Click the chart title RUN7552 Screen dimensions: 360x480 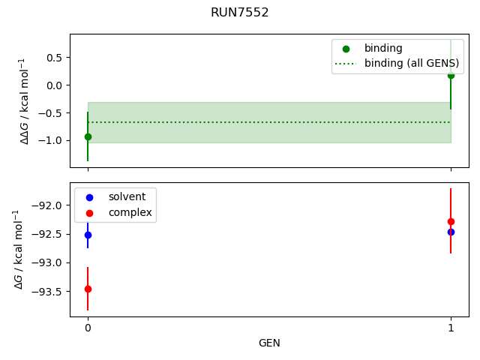tap(240, 13)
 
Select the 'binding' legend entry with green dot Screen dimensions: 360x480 tap(383, 48)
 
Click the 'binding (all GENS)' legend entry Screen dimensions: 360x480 tap(411, 63)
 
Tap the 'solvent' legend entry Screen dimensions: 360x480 tap(127, 196)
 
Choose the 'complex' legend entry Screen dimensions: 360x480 tap(130, 212)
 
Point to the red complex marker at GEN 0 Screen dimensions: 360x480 tap(88, 289)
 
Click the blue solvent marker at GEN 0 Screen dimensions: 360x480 tap(88, 235)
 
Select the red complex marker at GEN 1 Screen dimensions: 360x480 tap(451, 221)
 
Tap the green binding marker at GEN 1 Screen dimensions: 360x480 tap(451, 75)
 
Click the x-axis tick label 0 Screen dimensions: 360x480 tap(88, 328)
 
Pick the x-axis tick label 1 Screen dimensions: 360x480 tap(451, 328)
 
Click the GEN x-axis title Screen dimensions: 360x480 tap(269, 343)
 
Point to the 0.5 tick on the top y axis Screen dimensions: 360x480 tap(55, 57)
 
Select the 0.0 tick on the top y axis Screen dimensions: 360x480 tap(55, 85)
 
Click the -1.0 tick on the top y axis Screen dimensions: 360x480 tap(52, 141)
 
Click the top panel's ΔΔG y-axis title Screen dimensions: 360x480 tap(25, 100)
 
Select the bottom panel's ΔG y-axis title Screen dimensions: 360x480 tap(18, 249)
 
